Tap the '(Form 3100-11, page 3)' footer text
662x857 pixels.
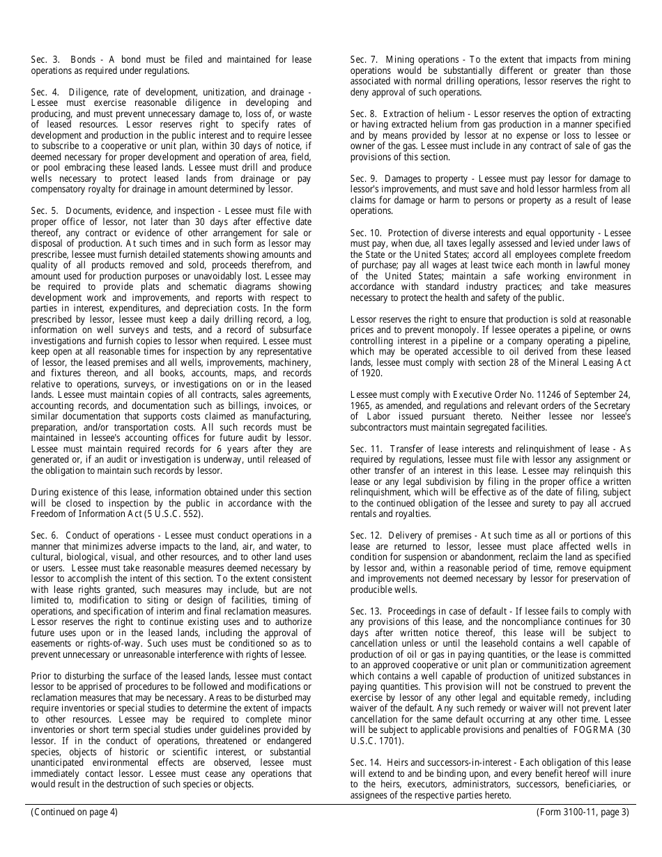click(x=583, y=812)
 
